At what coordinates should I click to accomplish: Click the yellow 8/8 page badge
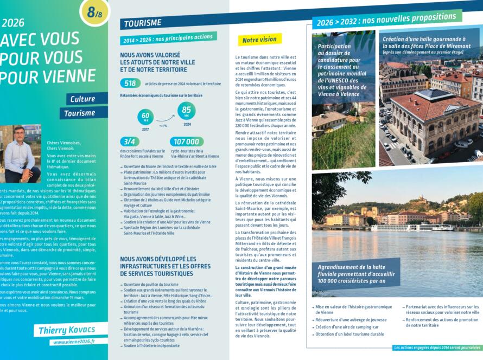tap(94, 12)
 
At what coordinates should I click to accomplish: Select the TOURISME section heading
tap(143, 23)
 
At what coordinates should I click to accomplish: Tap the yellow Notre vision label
tap(259, 40)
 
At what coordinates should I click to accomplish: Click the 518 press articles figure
tap(130, 83)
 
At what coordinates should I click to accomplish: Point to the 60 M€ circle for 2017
tap(145, 117)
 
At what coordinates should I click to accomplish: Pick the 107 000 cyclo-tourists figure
tap(187, 142)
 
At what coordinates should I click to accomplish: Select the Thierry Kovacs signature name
tap(67, 330)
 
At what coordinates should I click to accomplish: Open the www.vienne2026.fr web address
tap(74, 342)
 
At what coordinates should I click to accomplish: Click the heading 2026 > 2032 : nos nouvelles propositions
tap(386, 19)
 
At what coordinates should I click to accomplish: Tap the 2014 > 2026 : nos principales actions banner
tap(168, 38)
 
